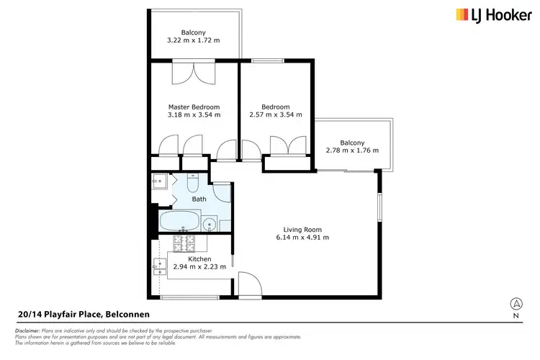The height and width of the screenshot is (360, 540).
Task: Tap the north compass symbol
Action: click(x=516, y=304)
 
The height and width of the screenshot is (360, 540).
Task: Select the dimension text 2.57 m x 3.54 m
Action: click(x=275, y=114)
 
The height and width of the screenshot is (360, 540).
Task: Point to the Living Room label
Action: click(x=303, y=228)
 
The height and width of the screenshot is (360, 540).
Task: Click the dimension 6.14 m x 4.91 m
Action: click(x=303, y=237)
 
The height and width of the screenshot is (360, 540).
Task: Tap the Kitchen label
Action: click(x=199, y=258)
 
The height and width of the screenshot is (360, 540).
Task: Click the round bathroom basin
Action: click(x=210, y=224)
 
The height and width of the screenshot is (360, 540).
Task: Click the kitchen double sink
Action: click(x=159, y=267)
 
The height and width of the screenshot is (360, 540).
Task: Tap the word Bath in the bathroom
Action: click(x=199, y=199)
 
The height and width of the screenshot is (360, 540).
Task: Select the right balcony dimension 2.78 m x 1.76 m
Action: click(x=353, y=150)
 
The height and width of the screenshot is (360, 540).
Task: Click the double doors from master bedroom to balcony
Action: click(x=193, y=74)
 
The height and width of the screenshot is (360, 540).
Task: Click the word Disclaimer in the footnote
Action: click(x=28, y=329)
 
